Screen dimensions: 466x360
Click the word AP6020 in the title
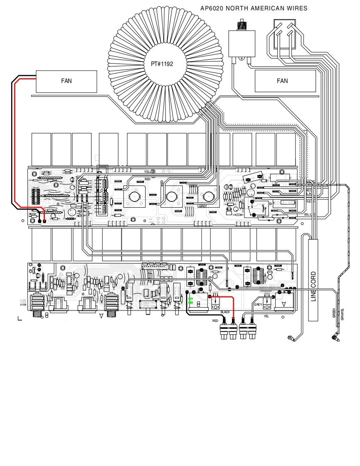pyautogui.click(x=213, y=8)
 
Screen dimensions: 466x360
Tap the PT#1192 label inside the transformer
pyautogui.click(x=162, y=64)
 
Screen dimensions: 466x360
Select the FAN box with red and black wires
pyautogui.click(x=67, y=81)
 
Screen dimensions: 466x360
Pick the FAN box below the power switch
pyautogui.click(x=282, y=81)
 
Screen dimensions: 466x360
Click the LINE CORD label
pyautogui.click(x=313, y=286)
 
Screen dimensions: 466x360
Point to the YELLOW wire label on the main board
pyautogui.click(x=150, y=172)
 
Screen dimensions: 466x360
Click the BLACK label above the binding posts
pyautogui.click(x=225, y=312)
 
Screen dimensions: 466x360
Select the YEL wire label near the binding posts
pyautogui.click(x=266, y=316)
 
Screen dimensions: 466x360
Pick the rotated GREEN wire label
pyautogui.click(x=334, y=313)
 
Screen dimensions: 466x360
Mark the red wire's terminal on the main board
pyautogui.click(x=44, y=221)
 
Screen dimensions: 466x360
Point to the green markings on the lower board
pyautogui.click(x=191, y=301)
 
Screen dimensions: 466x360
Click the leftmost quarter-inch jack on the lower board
pyautogui.click(x=39, y=305)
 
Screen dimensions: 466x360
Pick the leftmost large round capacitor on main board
pyautogui.click(x=135, y=197)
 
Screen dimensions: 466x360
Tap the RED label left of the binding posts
pyautogui.click(x=215, y=321)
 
